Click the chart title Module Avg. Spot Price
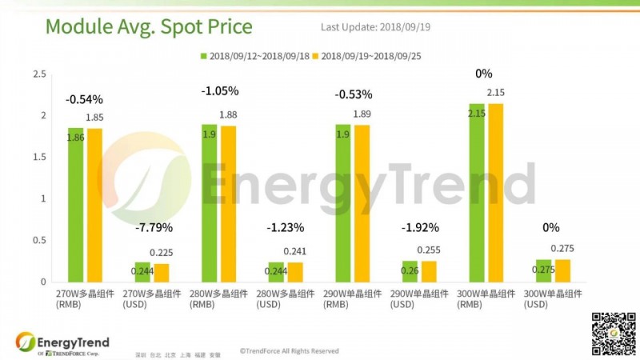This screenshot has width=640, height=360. tap(149, 27)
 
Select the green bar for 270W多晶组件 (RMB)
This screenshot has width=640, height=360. tap(75, 205)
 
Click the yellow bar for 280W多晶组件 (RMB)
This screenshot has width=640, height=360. tap(228, 204)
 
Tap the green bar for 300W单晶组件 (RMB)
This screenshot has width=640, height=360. tap(476, 193)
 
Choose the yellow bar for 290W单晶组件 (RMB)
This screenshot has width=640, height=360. tap(362, 203)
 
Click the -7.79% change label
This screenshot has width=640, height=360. tap(152, 228)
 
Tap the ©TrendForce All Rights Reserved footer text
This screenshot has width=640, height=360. tap(289, 350)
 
